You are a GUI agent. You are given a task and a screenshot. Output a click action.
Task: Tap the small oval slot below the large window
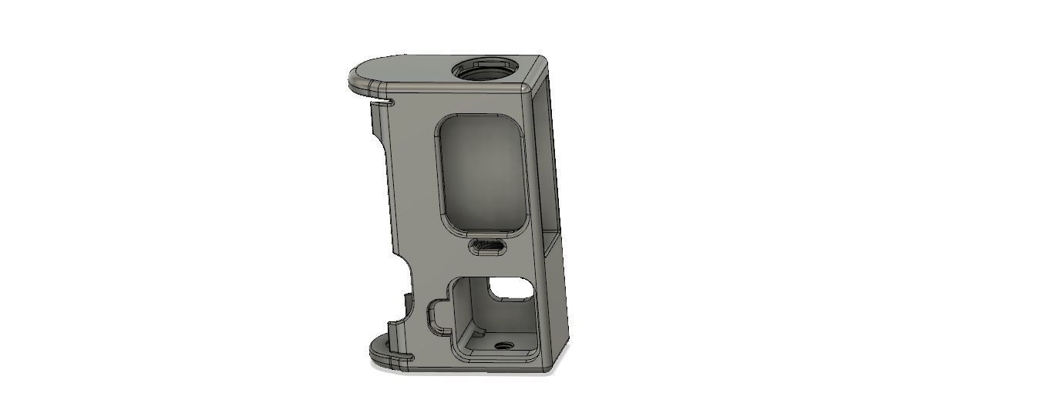487,247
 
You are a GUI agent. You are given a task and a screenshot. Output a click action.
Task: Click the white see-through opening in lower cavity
510,289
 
